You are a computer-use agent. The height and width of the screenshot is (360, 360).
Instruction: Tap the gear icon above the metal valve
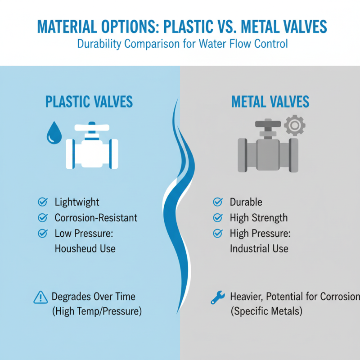pyautogui.click(x=295, y=126)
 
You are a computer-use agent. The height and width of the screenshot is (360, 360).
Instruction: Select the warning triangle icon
pyautogui.click(x=40, y=297)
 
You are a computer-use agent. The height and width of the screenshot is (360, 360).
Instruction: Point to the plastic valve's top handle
pyautogui.click(x=92, y=126)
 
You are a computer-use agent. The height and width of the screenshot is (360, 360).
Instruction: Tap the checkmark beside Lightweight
pyautogui.click(x=43, y=202)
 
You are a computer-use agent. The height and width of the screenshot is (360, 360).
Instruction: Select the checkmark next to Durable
pyautogui.click(x=218, y=202)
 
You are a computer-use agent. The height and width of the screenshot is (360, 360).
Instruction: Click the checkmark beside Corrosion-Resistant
pyautogui.click(x=43, y=218)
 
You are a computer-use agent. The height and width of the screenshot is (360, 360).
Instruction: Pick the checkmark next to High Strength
pyautogui.click(x=218, y=218)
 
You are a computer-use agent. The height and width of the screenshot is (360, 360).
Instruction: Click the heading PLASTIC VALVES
pyautogui.click(x=89, y=102)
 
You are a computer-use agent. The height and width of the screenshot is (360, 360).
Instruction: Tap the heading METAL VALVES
pyautogui.click(x=270, y=102)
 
